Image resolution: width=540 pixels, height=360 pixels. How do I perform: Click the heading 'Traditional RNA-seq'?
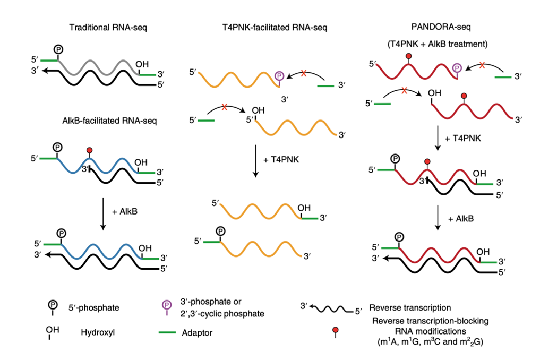[108, 27]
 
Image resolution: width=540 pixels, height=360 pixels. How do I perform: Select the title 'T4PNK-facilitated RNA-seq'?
[267, 27]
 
